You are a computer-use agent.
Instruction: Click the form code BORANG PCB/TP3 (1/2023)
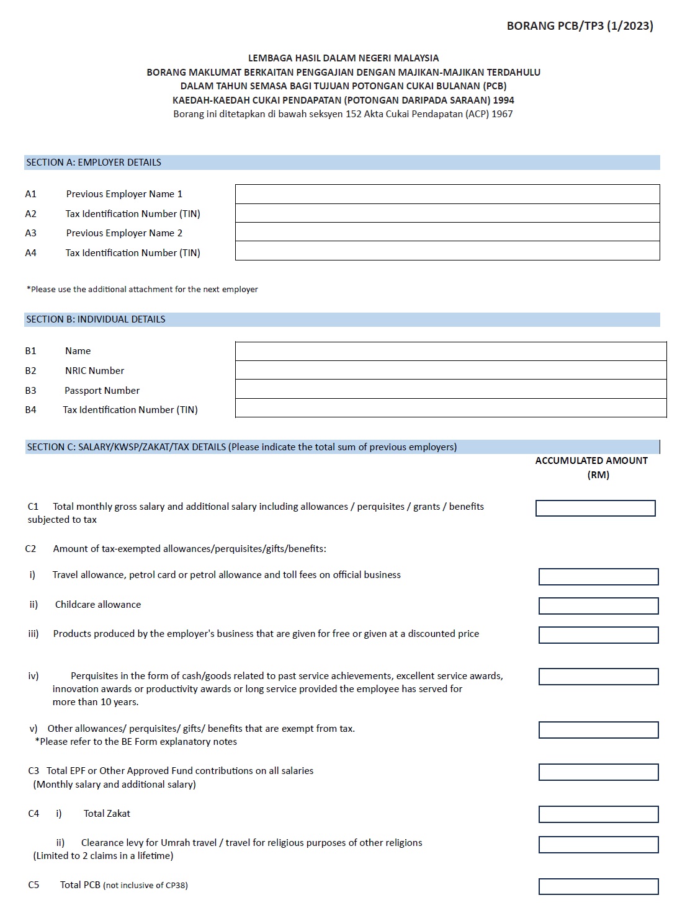pos(580,26)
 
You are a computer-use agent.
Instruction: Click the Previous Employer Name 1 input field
pos(447,194)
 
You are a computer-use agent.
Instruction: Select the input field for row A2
pos(447,213)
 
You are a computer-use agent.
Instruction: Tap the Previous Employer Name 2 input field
pos(447,233)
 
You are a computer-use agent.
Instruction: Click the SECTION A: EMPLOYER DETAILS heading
pos(94,162)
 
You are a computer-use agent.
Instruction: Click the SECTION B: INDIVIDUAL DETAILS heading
pos(96,319)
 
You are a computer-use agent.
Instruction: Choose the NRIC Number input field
pos(450,370)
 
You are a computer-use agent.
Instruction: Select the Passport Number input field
pos(450,389)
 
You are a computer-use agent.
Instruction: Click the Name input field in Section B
pos(450,351)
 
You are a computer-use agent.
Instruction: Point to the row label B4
pos(30,410)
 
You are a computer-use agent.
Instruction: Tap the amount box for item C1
pos(595,509)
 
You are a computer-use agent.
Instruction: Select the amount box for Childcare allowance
pos(598,606)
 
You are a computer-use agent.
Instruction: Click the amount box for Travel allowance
pos(598,577)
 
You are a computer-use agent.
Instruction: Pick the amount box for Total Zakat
pos(598,814)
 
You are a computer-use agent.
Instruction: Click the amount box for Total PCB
pos(598,886)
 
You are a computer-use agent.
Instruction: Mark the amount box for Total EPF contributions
pos(598,772)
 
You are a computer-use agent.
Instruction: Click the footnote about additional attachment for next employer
pos(142,290)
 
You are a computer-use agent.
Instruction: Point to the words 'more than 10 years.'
pos(96,702)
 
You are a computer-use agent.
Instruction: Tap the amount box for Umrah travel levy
pos(598,845)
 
